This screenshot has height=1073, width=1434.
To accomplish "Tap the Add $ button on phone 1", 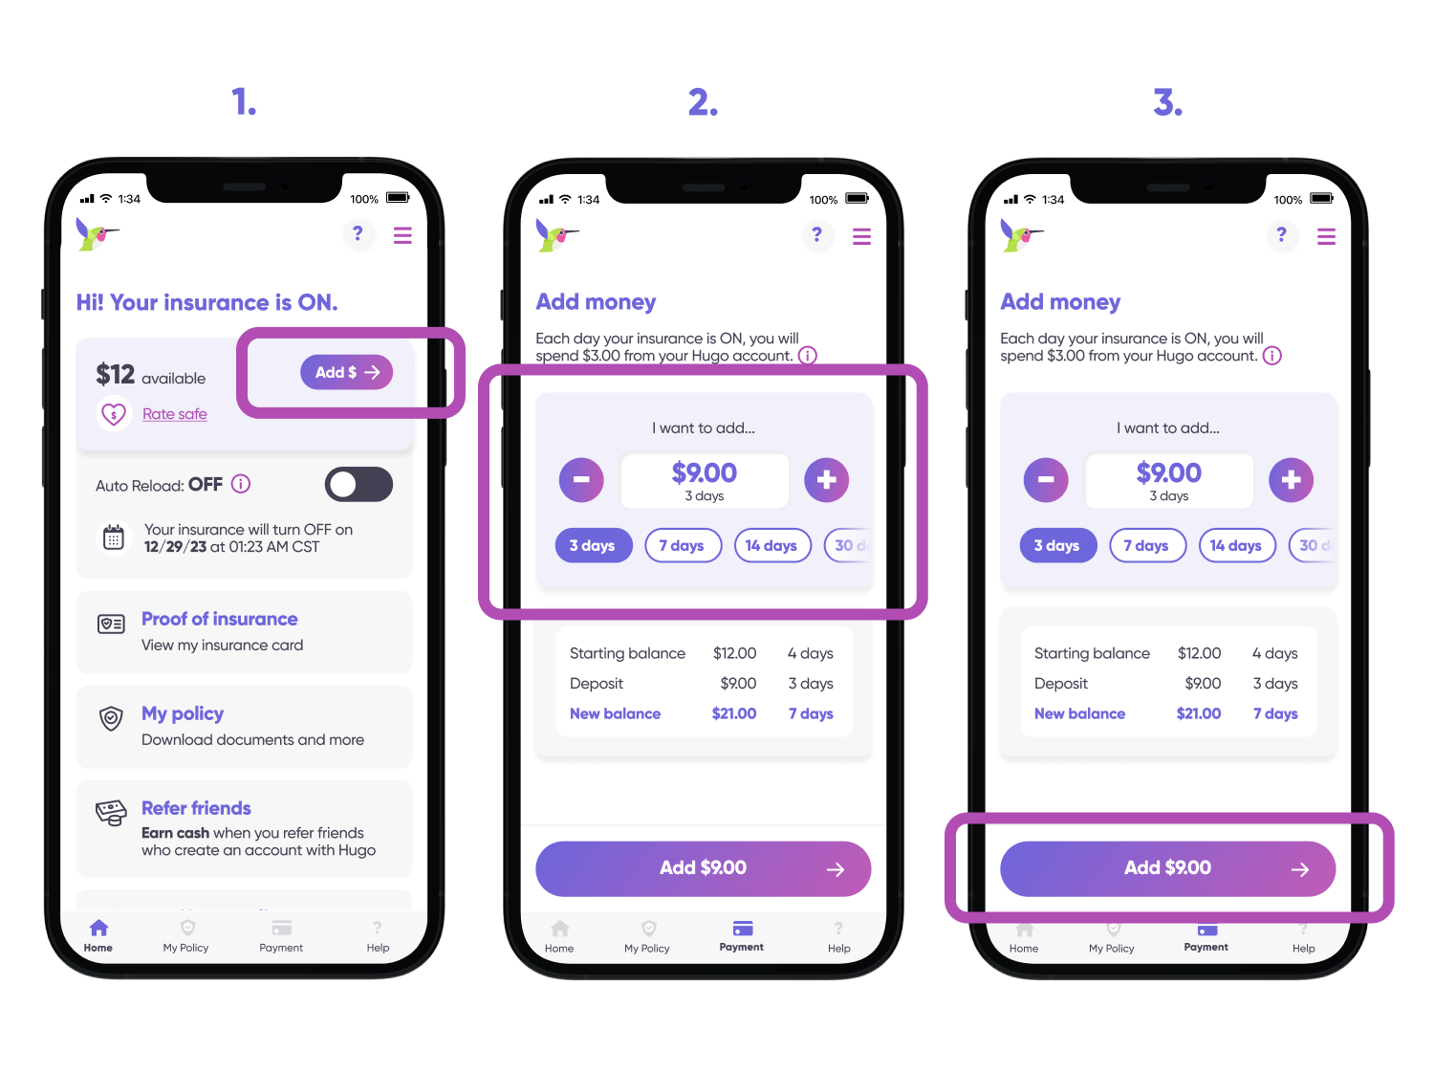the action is point(346,372).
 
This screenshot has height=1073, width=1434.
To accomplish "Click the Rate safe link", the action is point(174,414).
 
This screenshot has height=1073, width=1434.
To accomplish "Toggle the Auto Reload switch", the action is point(358,484).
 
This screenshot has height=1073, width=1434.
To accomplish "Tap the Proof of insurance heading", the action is point(220,619).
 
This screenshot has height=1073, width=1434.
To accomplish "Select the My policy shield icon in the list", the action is point(111,718).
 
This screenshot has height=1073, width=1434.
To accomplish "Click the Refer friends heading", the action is point(196,808).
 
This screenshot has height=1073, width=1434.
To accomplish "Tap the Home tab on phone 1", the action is point(98,936).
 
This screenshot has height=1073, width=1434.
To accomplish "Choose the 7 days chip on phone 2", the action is point(683,545).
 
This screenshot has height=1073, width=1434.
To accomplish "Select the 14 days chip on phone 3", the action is point(1237,545).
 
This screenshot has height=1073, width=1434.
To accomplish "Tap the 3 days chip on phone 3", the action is point(1057,545).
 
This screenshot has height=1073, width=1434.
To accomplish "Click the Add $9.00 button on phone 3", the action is point(1167,868).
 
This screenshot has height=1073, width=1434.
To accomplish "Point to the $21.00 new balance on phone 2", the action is point(733,713).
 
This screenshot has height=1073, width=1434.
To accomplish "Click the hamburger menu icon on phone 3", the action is point(1326,236).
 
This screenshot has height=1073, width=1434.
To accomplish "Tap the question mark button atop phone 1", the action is point(358,233).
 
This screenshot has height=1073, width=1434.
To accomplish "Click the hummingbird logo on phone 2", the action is point(556,235).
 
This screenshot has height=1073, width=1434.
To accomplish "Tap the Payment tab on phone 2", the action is point(742,936).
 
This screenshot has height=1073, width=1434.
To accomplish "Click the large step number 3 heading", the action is point(1167,102).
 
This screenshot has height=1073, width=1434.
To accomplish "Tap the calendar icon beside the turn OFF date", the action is point(113,538).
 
